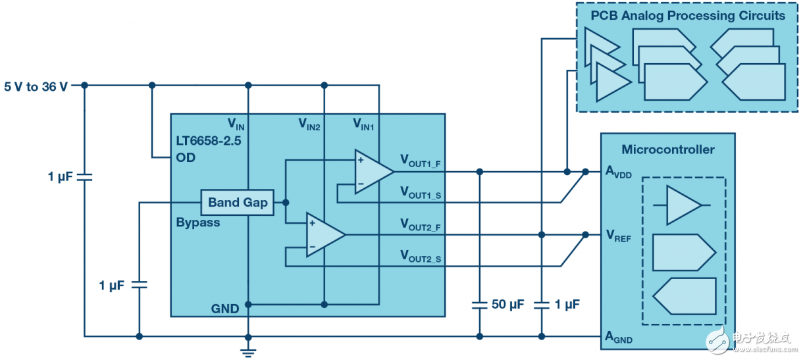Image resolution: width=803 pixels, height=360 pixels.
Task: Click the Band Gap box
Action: pos(238,202)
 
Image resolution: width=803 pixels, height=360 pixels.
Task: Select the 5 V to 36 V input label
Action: pos(36,86)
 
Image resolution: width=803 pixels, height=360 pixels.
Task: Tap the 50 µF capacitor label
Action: pos(508,305)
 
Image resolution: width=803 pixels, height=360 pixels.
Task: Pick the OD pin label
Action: pos(186,158)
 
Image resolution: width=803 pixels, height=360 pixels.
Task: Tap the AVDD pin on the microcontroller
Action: pos(618,172)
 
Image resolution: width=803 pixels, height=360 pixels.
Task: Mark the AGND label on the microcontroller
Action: pos(618,338)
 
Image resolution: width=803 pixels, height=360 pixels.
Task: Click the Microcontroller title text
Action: pos(667,149)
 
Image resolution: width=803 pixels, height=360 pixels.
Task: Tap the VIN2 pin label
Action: pos(309,124)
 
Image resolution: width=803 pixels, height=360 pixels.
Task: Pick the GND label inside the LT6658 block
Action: pos(225,308)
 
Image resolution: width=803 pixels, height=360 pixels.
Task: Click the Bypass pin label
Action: pos(198,222)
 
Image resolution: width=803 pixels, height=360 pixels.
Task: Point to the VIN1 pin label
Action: pos(363,124)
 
